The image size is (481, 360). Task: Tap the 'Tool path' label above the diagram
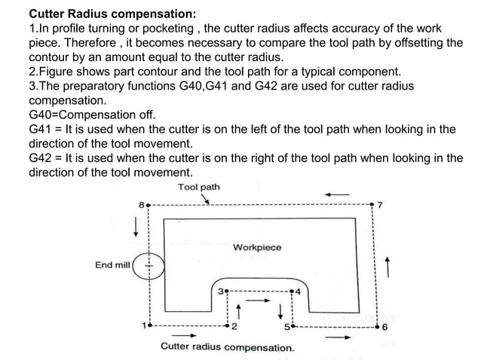[x=199, y=186]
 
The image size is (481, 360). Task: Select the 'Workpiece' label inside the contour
[x=257, y=247]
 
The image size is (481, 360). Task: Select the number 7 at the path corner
[x=380, y=204]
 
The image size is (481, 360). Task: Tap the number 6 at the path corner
[x=384, y=328]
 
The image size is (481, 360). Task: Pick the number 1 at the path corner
[x=142, y=326]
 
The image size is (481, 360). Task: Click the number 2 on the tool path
[x=234, y=328]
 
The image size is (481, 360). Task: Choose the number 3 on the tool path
[x=219, y=289]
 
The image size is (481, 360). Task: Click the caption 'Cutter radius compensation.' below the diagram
[x=227, y=347]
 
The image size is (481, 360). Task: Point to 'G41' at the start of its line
[x=41, y=130]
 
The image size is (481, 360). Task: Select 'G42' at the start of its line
[x=41, y=158]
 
